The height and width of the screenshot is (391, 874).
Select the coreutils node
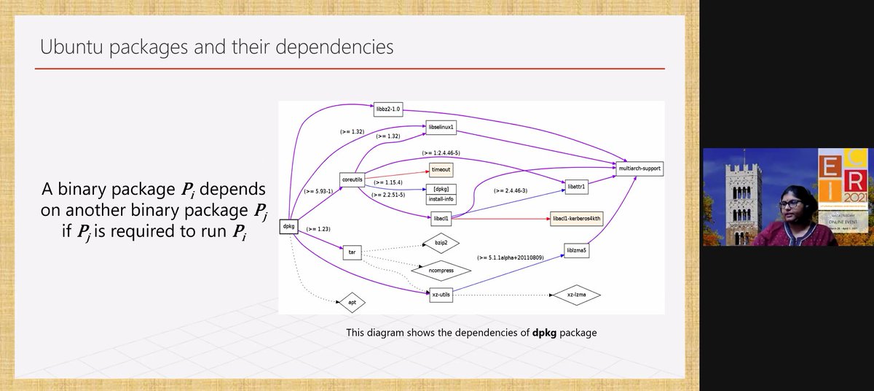tap(353, 179)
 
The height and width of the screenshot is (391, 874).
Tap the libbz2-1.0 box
tap(387, 109)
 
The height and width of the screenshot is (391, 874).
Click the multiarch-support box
tap(639, 169)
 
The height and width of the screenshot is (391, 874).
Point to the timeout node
tap(441, 169)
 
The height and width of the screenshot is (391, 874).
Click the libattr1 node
tap(577, 187)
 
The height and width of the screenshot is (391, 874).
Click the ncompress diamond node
tap(441, 270)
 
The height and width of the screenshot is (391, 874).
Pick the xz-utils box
tap(441, 294)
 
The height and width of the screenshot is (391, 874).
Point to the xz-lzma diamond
tap(577, 295)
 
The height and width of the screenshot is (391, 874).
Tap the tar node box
tap(352, 252)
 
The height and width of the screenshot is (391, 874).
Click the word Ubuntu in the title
tap(69, 47)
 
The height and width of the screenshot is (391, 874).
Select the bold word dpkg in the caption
tap(547, 333)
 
